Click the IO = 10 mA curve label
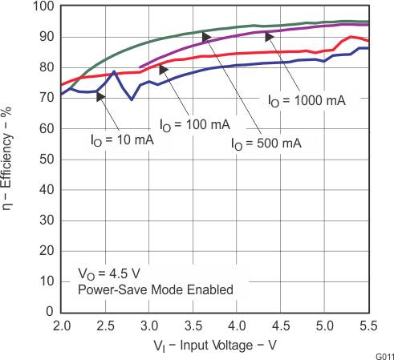click(120, 138)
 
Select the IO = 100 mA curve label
click(195, 125)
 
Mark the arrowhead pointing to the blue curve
click(101, 96)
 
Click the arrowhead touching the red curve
click(164, 70)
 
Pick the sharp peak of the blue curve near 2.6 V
click(114, 72)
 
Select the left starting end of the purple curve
click(140, 67)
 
